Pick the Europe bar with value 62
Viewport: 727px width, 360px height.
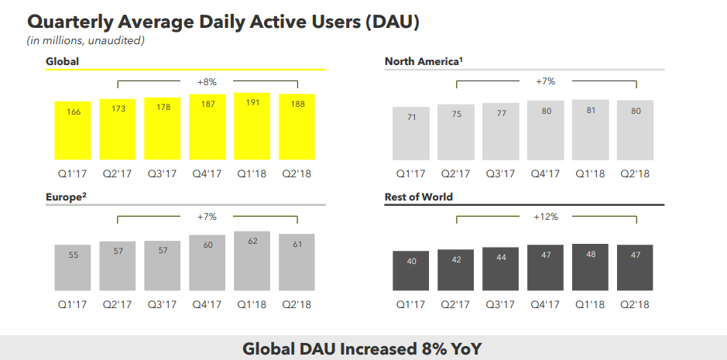point(252,259)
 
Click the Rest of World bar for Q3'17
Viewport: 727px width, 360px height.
point(501,269)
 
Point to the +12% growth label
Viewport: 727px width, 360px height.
point(546,218)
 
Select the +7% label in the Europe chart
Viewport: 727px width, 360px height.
point(207,217)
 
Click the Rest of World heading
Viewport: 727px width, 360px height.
point(419,197)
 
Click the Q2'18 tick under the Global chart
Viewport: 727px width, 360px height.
point(297,173)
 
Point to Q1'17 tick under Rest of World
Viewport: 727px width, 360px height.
point(411,305)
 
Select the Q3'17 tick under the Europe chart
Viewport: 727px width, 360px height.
point(163,305)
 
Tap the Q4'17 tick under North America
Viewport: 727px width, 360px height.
point(546,173)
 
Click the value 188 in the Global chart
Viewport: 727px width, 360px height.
point(297,105)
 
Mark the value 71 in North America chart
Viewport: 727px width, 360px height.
point(411,117)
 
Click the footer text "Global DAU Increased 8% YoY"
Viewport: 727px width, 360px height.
point(362,348)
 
